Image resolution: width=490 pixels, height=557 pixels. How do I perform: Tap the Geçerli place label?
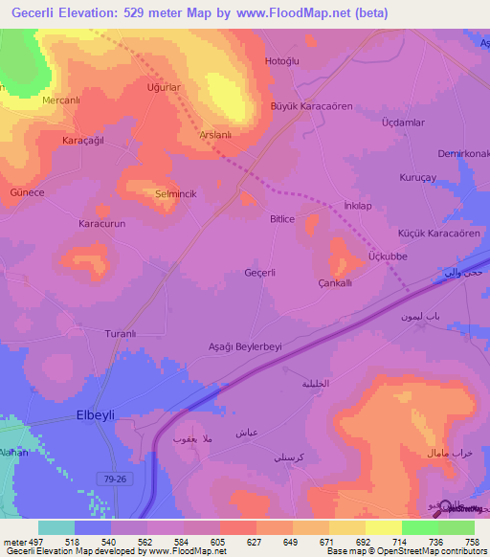[x=260, y=273]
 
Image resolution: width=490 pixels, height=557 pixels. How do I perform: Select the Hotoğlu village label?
[x=282, y=61]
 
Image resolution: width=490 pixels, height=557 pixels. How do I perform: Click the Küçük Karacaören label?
[x=438, y=234]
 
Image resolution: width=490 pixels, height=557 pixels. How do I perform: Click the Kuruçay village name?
[x=417, y=178]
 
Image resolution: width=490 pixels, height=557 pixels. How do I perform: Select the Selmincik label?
[x=175, y=193]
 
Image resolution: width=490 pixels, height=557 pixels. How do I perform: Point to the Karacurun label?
[x=101, y=223]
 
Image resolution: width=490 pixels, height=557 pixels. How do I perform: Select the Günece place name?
[x=27, y=192]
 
